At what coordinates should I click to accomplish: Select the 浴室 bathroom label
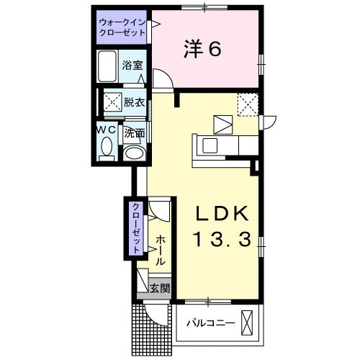point(132,66)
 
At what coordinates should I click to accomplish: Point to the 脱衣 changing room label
point(134,102)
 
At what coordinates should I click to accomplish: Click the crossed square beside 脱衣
point(112,102)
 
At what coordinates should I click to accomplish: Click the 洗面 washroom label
point(134,133)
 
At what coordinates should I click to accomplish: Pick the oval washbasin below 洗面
point(133,153)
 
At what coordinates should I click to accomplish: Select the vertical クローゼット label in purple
point(135,227)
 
